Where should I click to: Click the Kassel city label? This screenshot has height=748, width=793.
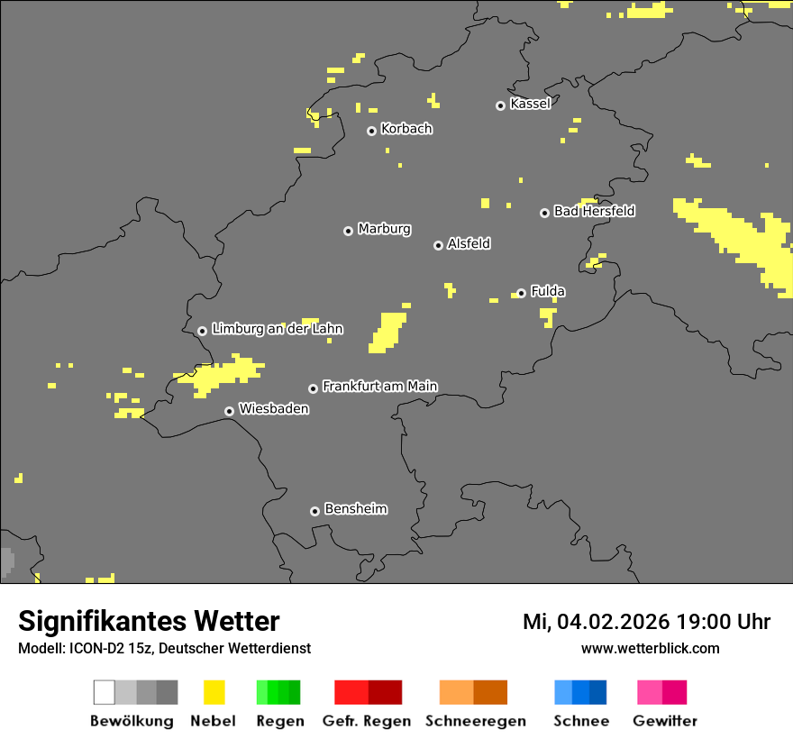[530, 104]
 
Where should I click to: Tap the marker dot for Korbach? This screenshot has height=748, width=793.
[371, 131]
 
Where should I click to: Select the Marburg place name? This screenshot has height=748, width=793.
[384, 229]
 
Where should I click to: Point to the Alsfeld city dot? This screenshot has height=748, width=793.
[438, 245]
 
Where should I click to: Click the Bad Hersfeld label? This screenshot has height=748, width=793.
[594, 211]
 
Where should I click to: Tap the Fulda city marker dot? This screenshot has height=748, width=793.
[521, 293]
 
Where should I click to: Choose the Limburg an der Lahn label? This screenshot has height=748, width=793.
[277, 329]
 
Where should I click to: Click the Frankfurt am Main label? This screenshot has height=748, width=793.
[379, 386]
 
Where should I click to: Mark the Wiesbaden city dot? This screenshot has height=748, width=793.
[230, 411]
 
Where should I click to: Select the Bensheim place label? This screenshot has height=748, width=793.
[355, 509]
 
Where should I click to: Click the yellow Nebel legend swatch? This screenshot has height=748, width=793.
[214, 692]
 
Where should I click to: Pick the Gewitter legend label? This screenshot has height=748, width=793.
[664, 721]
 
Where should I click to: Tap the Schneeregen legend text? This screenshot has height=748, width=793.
[475, 721]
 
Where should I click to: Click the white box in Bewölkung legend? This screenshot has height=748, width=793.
[105, 692]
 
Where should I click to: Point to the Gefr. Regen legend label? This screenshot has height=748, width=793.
[366, 721]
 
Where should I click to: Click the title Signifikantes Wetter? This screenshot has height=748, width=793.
[149, 621]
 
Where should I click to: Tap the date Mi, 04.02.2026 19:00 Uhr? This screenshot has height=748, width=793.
[646, 622]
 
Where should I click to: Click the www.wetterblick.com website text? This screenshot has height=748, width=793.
[650, 648]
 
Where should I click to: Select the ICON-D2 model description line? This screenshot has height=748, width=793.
[164, 648]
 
